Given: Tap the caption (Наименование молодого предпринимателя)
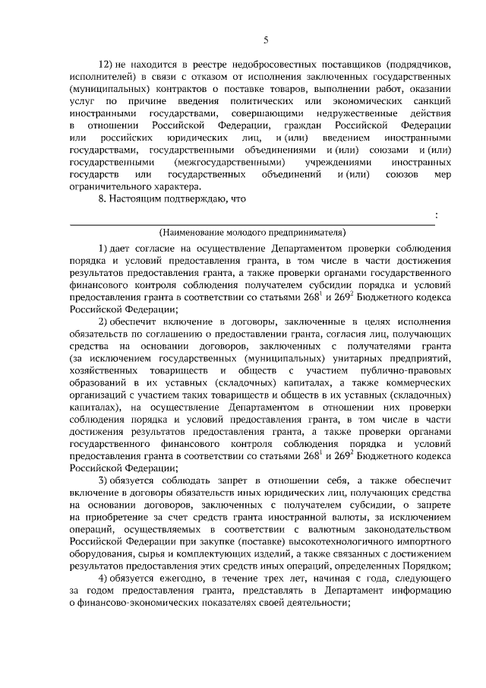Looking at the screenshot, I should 252,230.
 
